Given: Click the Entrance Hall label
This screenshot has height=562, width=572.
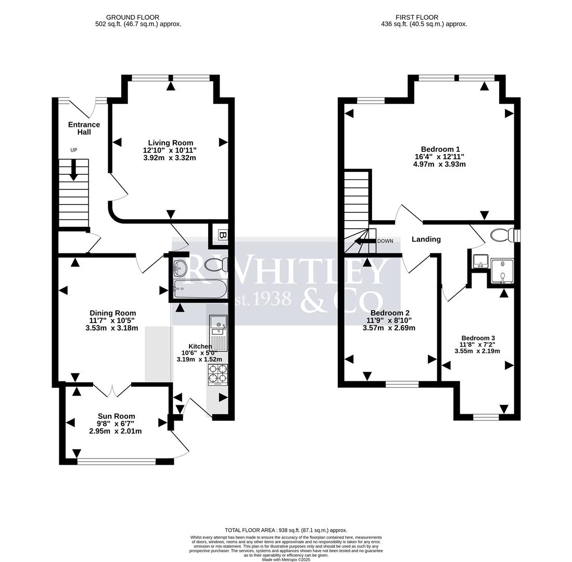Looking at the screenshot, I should pos(84,129).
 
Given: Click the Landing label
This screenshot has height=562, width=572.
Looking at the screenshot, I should pos(426,239).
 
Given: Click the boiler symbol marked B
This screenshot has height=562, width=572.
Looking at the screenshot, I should pos(222,235).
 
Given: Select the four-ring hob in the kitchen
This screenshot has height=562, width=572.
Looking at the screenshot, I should pos(218,374).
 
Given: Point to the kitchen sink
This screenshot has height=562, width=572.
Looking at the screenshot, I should pos(218,328).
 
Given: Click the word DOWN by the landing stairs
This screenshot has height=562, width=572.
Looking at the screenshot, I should pos(385,241).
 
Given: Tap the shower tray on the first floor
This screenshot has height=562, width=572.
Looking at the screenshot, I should pos(502,271).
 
